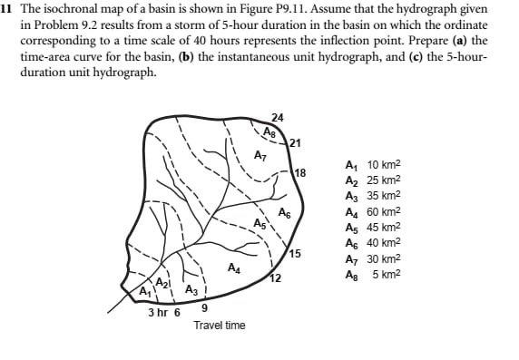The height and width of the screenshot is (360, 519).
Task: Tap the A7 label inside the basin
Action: click(x=259, y=156)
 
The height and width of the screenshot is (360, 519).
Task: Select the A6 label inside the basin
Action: click(x=284, y=214)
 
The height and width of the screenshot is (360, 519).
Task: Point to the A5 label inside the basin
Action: click(x=260, y=223)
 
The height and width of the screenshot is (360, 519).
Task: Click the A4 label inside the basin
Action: click(x=234, y=268)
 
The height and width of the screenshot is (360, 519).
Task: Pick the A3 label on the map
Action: click(x=191, y=290)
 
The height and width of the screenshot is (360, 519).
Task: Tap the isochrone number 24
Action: click(x=278, y=118)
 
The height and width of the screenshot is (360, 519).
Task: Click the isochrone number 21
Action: click(x=296, y=142)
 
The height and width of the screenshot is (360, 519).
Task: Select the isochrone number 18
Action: click(x=300, y=172)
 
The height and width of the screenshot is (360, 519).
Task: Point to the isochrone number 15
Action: click(x=295, y=252)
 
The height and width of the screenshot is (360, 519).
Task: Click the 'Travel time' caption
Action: click(x=219, y=325)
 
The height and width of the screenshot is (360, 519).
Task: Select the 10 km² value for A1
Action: click(x=384, y=166)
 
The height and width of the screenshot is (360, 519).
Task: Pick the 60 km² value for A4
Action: click(x=384, y=211)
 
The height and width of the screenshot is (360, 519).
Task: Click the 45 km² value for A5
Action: click(x=384, y=227)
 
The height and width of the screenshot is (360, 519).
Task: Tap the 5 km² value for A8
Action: click(x=387, y=274)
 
